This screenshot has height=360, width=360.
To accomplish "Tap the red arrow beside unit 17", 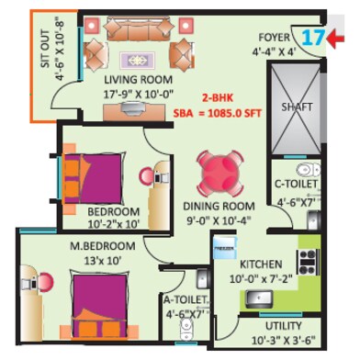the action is coord(341,39).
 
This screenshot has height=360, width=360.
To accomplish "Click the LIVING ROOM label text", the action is coord(136,79).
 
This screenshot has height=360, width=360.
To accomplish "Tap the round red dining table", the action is coord(218,171).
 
